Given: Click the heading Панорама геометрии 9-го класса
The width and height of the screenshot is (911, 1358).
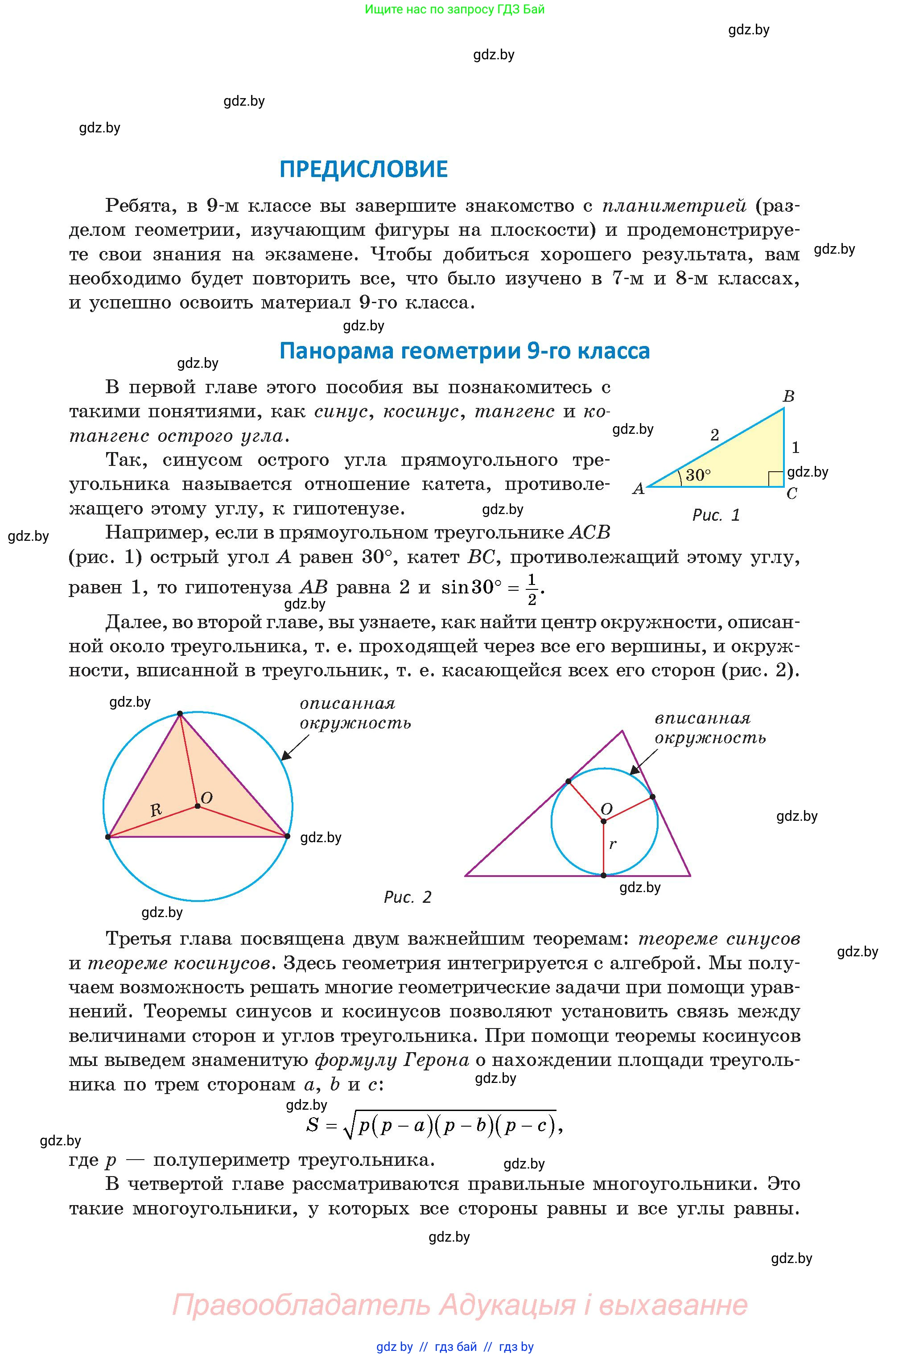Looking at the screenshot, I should [464, 351].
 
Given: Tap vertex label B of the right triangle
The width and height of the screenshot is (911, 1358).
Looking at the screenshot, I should [788, 396].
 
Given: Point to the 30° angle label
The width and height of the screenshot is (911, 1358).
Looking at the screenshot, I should [698, 475].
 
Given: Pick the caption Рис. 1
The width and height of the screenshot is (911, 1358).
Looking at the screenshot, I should [716, 514].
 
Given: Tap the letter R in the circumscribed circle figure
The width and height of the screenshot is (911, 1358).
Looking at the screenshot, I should [156, 809].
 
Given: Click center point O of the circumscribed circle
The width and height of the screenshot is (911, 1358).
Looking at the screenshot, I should [198, 806].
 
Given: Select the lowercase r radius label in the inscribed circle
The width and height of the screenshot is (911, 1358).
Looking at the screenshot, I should [612, 844].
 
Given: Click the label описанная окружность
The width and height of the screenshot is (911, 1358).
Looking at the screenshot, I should [355, 713].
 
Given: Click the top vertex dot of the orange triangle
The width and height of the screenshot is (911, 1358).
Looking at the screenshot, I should [180, 713].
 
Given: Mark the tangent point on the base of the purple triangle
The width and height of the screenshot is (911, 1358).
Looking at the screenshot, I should [604, 875].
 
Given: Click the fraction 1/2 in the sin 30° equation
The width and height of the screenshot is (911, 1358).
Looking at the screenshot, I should [532, 588].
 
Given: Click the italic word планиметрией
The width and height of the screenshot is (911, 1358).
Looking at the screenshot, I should [674, 206].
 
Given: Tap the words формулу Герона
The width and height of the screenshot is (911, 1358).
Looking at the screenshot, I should [392, 1060].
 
